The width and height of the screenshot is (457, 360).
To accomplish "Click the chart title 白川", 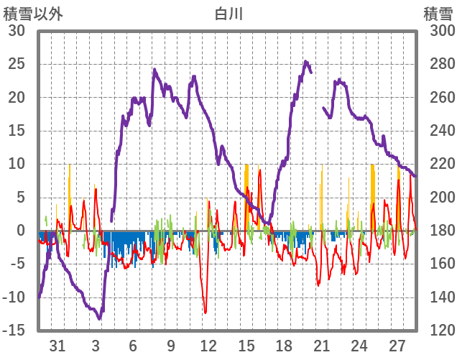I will (228, 13).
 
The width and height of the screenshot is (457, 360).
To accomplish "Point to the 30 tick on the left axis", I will (17, 31).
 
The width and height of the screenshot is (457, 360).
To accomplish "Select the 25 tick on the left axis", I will (17, 64).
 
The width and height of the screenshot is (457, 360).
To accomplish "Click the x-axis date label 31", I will (58, 346).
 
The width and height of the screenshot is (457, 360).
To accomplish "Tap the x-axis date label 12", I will (208, 346).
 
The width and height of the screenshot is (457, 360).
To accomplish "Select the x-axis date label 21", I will (321, 346).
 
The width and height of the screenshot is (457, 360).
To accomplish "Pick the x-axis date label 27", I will (397, 346).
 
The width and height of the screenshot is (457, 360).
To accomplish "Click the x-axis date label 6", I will (133, 346).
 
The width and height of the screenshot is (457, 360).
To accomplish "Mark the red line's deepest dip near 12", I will (206, 313).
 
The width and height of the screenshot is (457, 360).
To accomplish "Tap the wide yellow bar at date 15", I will (246, 194).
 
